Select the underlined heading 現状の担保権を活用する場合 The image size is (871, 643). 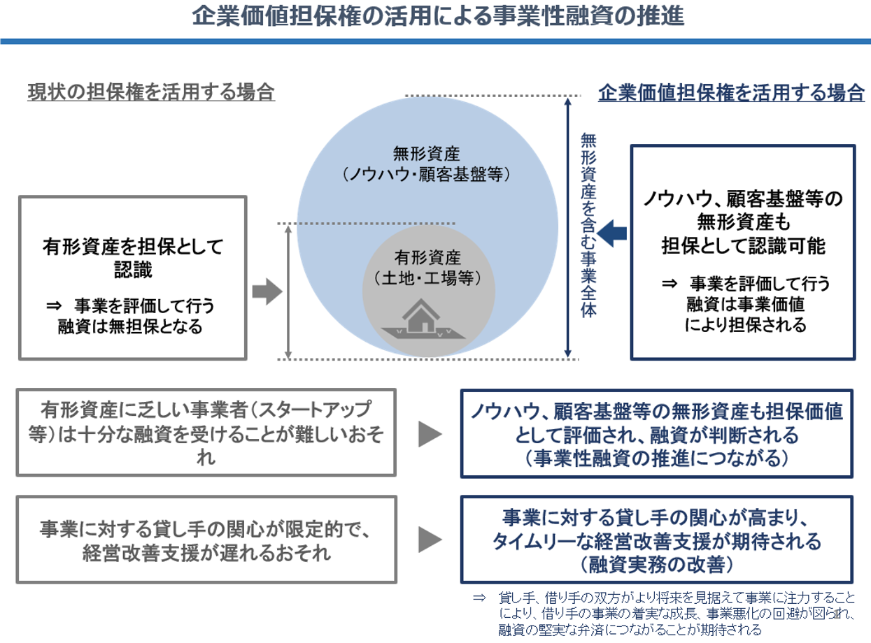pos(151,93)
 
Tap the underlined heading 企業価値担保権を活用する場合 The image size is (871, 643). pos(731,93)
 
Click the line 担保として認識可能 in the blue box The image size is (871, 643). pos(743,245)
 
